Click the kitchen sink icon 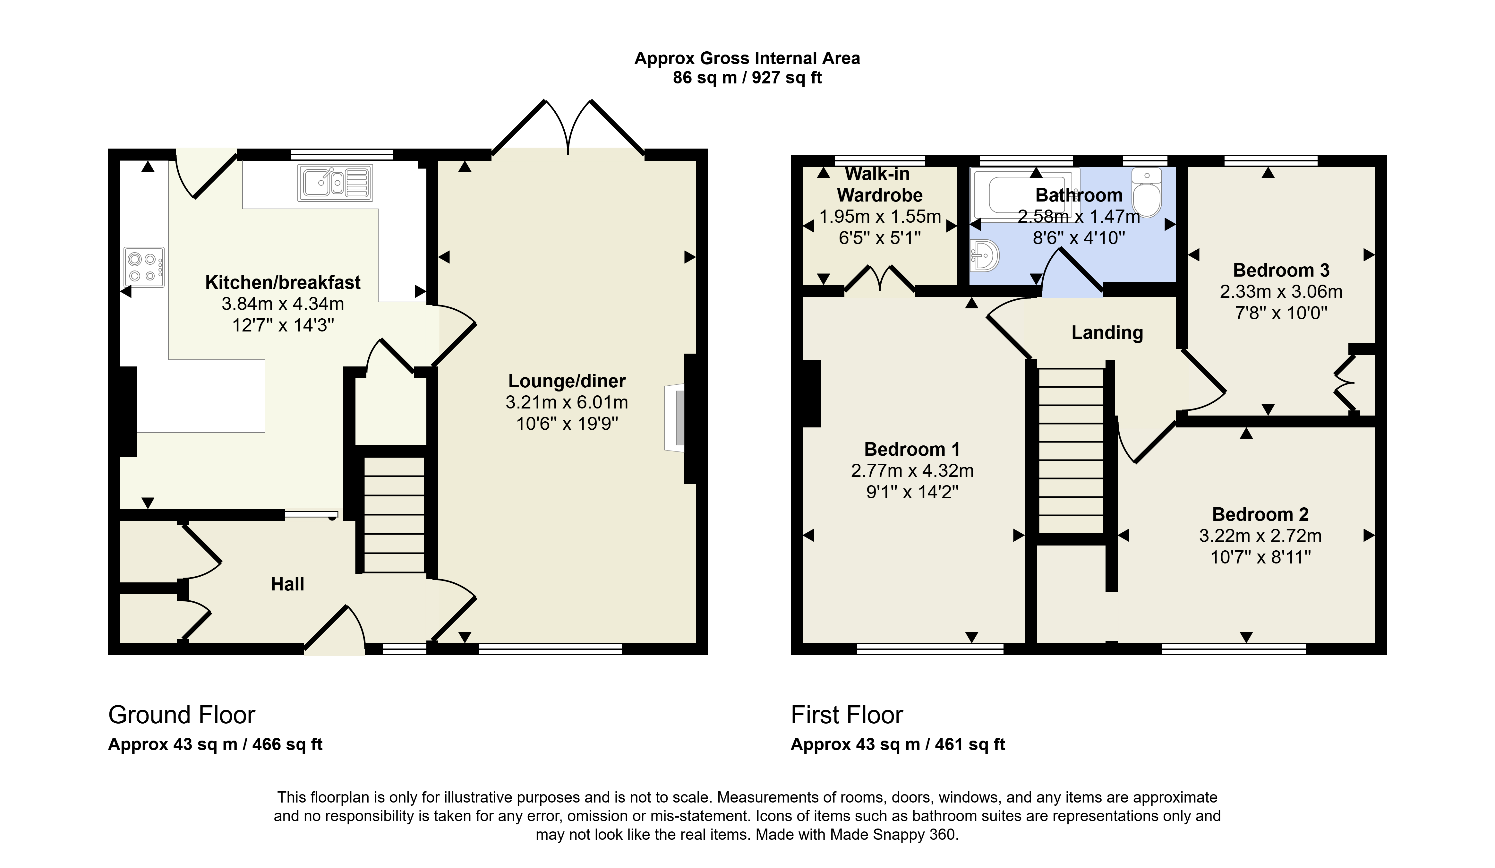(x=336, y=182)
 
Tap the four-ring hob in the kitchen (x=144, y=267)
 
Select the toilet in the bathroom (x=1146, y=192)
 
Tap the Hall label (x=288, y=584)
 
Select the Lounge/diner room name (x=567, y=381)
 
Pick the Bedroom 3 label (x=1281, y=271)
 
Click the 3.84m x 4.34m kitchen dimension (x=283, y=304)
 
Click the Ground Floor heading (x=182, y=715)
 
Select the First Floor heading (x=847, y=715)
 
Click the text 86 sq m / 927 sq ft (x=747, y=78)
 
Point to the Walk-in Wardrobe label (x=879, y=185)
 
